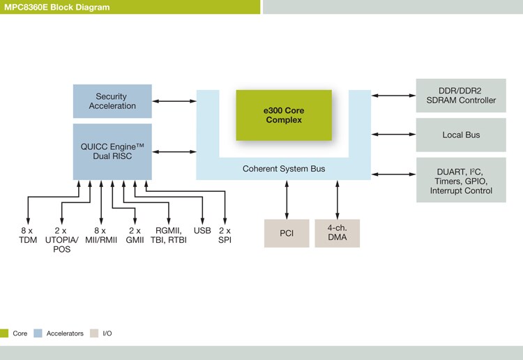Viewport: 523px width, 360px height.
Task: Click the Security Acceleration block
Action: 112,101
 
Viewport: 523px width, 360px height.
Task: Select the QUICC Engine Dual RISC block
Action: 112,151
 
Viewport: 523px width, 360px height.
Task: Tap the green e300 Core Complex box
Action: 283,115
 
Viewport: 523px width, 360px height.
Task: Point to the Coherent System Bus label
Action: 283,169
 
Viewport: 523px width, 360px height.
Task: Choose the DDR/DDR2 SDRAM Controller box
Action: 460,96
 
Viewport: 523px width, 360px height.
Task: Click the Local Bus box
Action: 460,135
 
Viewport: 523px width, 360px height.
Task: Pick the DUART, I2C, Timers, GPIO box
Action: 460,180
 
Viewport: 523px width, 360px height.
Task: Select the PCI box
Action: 286,233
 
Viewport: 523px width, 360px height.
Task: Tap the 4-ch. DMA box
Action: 337,233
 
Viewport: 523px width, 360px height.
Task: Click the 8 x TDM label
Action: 27,235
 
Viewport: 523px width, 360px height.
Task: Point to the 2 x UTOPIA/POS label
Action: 61,239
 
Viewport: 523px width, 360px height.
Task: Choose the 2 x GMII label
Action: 134,235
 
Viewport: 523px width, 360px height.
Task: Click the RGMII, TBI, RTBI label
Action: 169,235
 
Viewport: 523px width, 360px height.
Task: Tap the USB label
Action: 202,231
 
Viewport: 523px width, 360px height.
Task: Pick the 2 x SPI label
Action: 225,235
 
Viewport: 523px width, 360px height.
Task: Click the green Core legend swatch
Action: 4,333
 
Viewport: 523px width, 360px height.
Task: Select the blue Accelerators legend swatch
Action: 38,333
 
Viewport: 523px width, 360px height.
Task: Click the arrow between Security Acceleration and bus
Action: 174,102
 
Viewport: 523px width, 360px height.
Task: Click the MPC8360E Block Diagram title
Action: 56,6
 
